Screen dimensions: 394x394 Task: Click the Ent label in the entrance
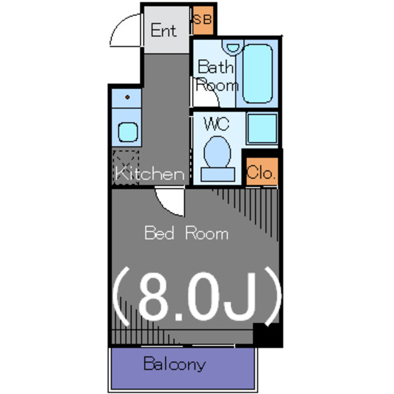[164, 30]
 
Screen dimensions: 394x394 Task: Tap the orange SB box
[203, 20]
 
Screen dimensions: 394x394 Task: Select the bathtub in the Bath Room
[257, 74]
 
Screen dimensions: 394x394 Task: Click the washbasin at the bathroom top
[233, 47]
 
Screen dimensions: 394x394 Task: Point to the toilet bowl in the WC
[217, 152]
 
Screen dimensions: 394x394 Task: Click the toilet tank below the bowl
[218, 174]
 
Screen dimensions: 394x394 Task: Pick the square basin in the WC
[262, 129]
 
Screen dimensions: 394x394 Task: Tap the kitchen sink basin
[128, 132]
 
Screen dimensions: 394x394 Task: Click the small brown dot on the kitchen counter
[127, 97]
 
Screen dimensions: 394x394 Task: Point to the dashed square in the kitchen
[126, 167]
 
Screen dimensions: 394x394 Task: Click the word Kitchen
[150, 174]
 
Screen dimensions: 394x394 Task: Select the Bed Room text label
[187, 233]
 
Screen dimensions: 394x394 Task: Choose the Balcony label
[174, 364]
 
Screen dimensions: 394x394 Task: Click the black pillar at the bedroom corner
[268, 335]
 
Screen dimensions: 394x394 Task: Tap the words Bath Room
[217, 76]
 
